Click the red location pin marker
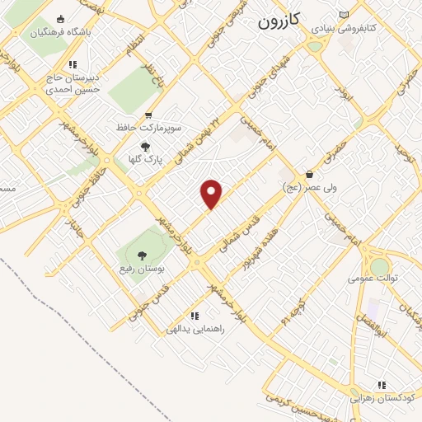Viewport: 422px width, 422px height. coord(212,194)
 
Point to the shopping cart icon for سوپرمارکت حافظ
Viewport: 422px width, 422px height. coord(148,115)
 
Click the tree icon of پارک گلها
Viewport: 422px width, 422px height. coord(146,146)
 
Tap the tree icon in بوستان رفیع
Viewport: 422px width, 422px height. coord(142,255)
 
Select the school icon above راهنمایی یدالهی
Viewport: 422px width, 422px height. coord(195,316)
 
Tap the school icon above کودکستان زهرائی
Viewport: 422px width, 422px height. coord(382,384)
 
